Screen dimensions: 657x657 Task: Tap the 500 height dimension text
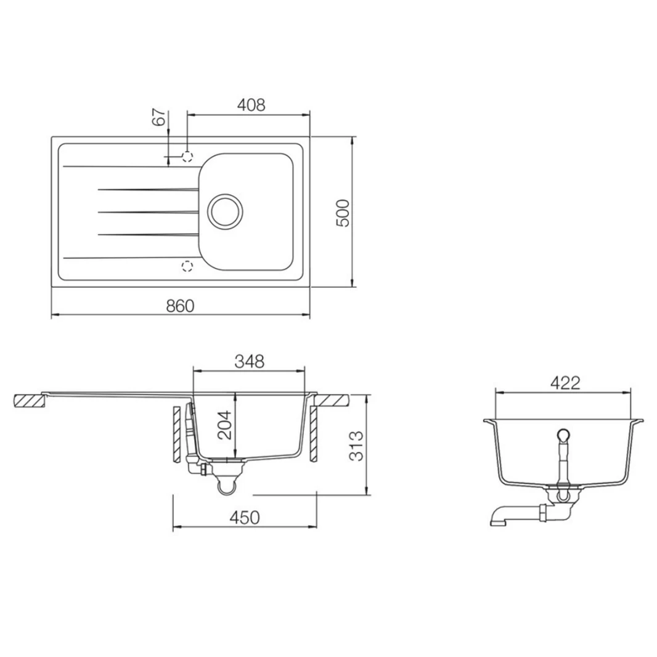(x=343, y=213)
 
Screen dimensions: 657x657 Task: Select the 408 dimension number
(x=251, y=105)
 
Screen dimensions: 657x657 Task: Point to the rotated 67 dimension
(x=159, y=117)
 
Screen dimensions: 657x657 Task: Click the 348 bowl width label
(x=250, y=362)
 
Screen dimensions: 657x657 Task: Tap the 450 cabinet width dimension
(x=246, y=518)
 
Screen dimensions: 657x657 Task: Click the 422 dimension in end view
(x=565, y=383)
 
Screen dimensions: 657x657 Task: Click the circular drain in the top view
(x=224, y=211)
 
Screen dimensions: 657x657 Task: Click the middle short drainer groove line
(x=148, y=212)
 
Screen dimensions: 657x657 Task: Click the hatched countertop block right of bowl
(x=333, y=401)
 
